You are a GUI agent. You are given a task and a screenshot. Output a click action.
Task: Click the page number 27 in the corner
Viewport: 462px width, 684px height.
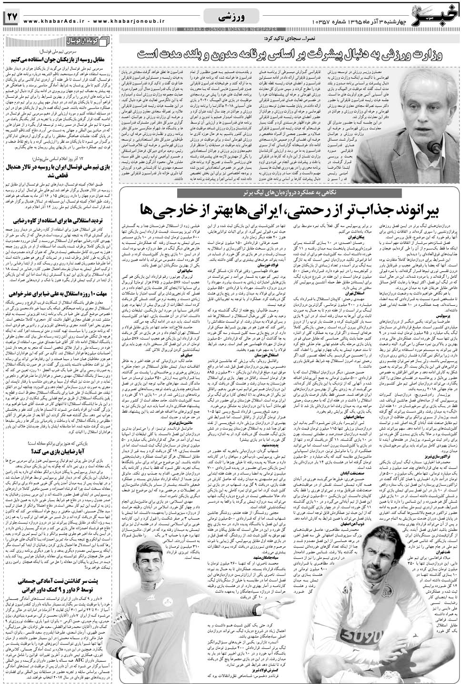[x=11, y=17]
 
